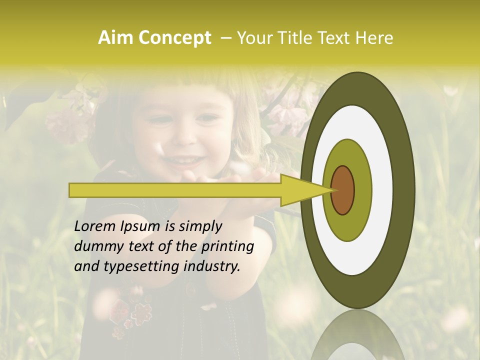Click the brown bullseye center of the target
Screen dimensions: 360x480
pyautogui.click(x=343, y=190)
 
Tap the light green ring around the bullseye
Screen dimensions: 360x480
pyautogui.click(x=363, y=190)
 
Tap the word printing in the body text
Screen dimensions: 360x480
pyautogui.click(x=228, y=247)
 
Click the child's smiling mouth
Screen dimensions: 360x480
pyautogui.click(x=184, y=160)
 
